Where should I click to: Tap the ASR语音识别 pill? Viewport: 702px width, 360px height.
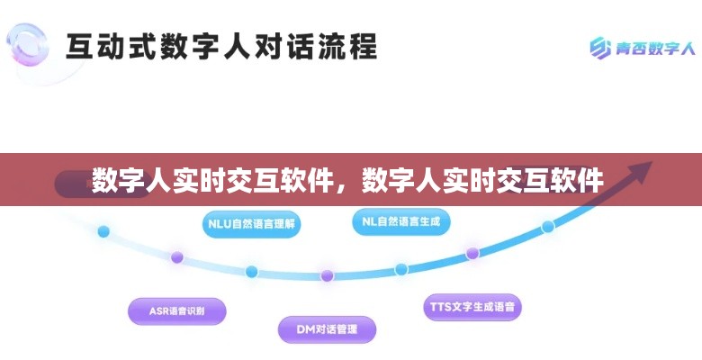click(x=176, y=310)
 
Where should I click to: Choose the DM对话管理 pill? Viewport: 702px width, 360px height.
click(x=326, y=329)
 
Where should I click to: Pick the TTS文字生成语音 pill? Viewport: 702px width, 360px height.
click(x=472, y=307)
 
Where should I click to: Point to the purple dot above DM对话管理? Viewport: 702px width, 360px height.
click(x=327, y=275)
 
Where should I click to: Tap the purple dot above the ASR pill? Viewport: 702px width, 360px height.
click(x=177, y=257)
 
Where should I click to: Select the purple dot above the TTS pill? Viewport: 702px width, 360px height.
click(x=472, y=253)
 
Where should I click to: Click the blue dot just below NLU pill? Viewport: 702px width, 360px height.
click(x=252, y=271)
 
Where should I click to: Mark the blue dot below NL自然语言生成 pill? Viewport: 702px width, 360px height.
click(x=400, y=269)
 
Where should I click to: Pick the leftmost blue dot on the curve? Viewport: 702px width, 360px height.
click(x=103, y=231)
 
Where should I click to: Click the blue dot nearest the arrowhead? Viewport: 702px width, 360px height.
click(x=548, y=226)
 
